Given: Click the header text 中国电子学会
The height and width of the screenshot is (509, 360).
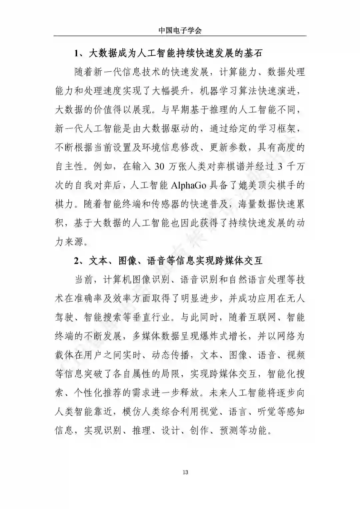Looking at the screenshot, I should (180, 30).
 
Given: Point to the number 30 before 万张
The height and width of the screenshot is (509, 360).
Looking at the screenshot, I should (160, 166).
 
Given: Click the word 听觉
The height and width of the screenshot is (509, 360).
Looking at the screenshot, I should (267, 412).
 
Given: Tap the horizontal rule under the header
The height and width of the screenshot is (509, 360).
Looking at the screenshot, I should (180, 36).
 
